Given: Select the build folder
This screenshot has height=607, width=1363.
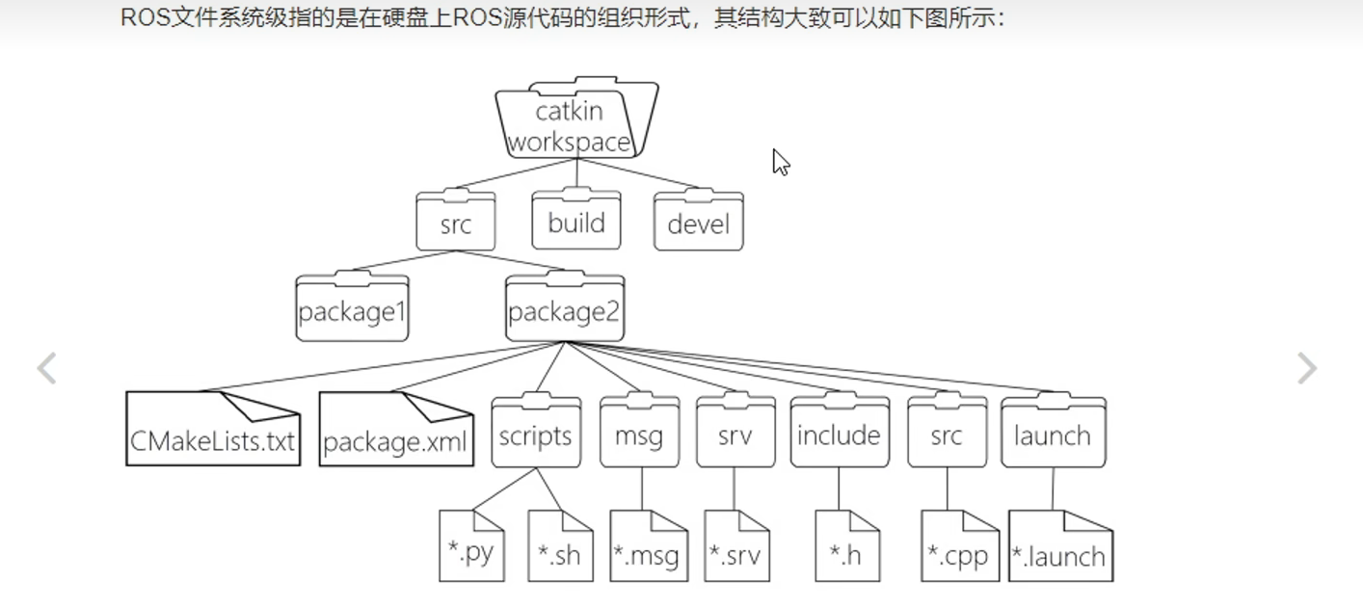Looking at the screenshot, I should pos(576,221).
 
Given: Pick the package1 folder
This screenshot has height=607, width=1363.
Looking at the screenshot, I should pos(352,309).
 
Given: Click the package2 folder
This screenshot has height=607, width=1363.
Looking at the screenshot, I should pos(565,309).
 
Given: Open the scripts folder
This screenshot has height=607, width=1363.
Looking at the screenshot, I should pos(536,434).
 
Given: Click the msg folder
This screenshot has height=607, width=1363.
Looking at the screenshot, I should pos(639,434).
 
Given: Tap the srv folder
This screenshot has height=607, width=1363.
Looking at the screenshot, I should pos(735,434).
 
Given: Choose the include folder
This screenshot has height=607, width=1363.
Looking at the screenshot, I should pos(839,434).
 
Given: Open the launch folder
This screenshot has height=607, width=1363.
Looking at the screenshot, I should pos(1053,434).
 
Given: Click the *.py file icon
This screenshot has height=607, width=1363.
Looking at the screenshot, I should pos(471,546).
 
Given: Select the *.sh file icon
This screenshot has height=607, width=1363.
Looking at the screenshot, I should pos(560,546).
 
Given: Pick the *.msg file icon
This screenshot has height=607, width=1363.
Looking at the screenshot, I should pos(648,546).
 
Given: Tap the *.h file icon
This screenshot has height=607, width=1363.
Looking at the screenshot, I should pos(847,546).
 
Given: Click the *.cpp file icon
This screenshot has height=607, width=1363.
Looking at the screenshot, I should pos(959,546).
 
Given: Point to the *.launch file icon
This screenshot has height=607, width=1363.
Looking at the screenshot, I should pos(1060,546).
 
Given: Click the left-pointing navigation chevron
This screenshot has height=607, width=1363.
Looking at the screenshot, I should pos(46,368).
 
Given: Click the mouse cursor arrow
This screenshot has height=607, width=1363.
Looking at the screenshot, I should pos(780,161).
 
